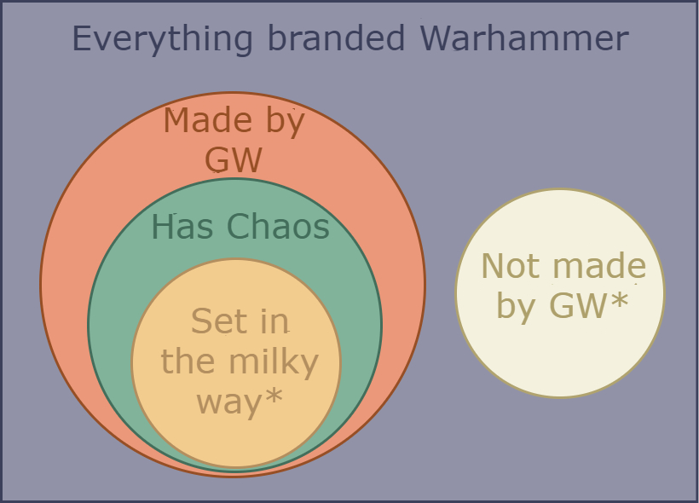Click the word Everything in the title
[x=162, y=39]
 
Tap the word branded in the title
[x=337, y=38]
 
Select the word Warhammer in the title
[x=524, y=38]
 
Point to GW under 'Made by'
[x=234, y=159]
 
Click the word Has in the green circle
[x=182, y=227]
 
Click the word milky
[x=274, y=362]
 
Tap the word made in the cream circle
[x=599, y=265]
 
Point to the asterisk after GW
[x=620, y=301]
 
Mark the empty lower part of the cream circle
[x=560, y=356]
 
